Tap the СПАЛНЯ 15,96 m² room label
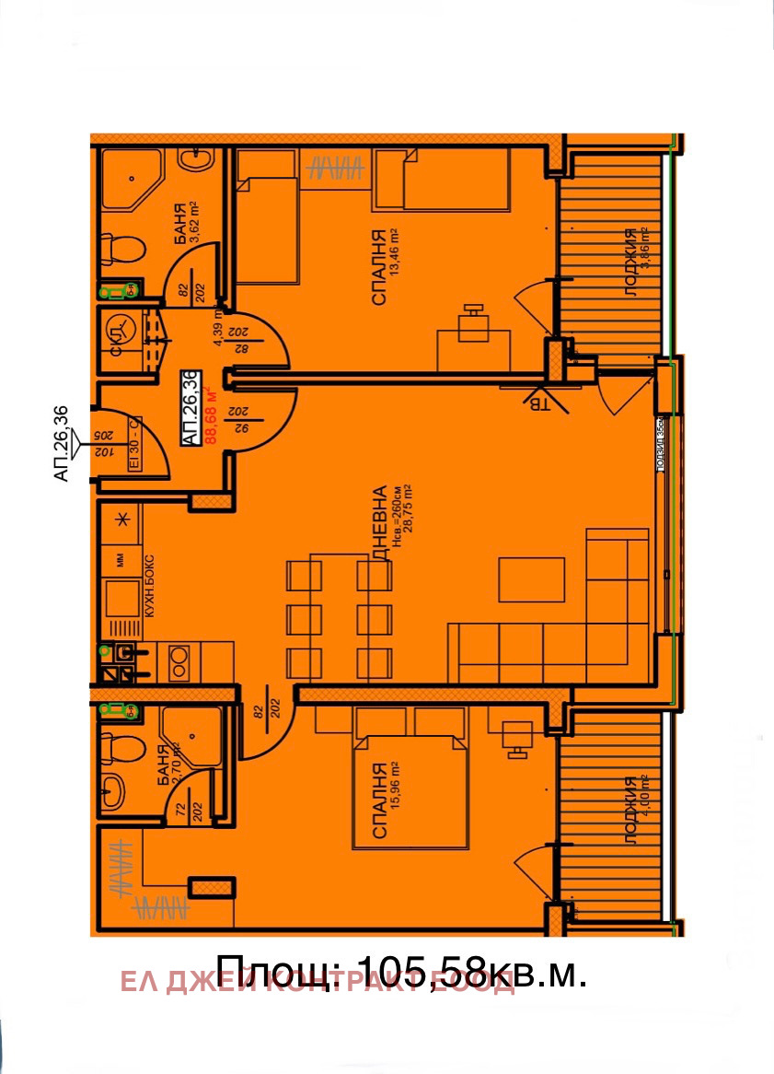coord(384,800)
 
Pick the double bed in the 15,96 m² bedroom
coord(407,790)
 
